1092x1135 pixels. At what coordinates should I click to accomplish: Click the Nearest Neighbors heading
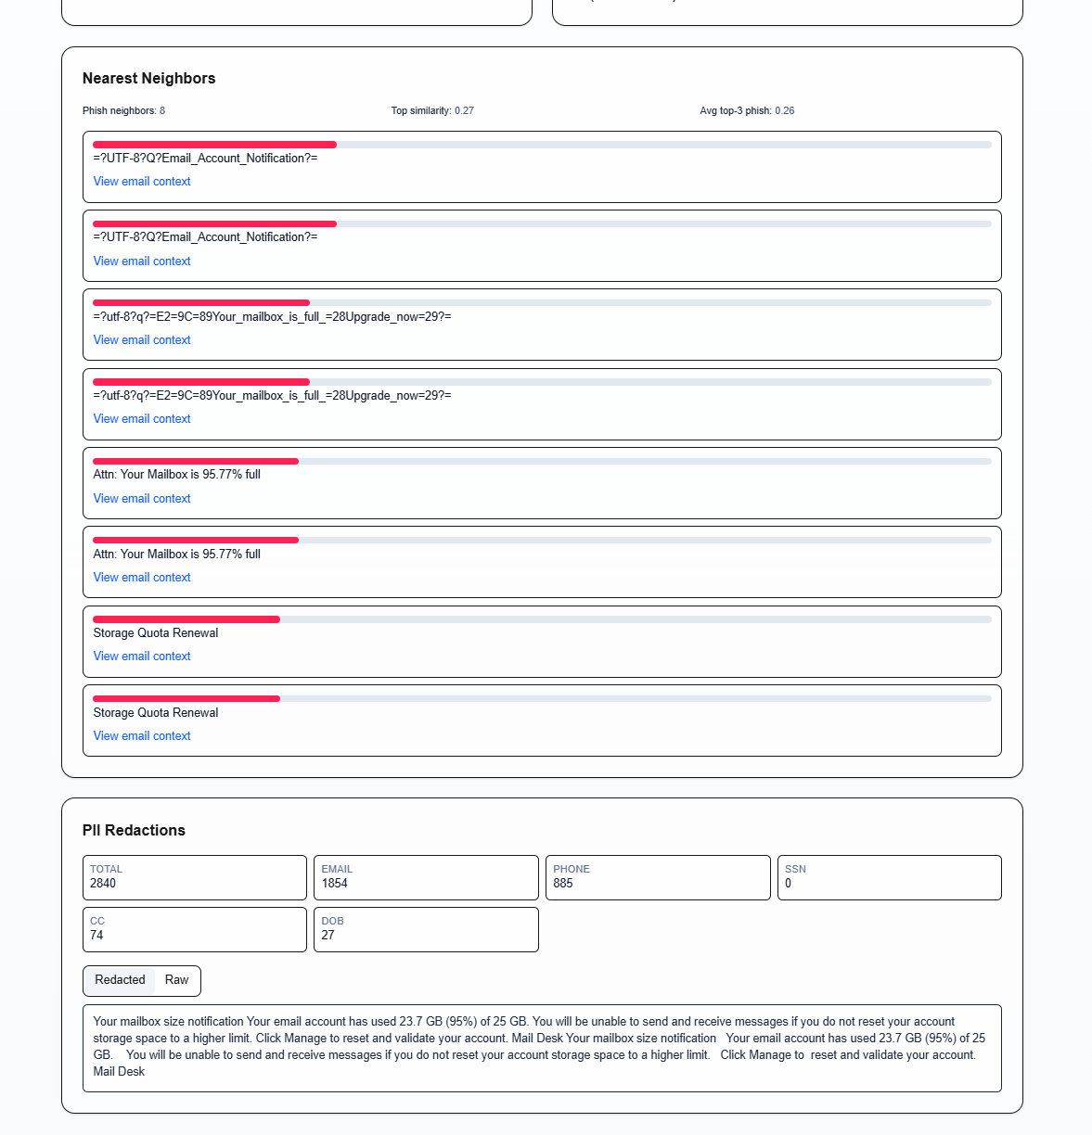click(x=148, y=79)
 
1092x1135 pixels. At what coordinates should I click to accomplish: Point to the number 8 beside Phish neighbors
click(x=162, y=110)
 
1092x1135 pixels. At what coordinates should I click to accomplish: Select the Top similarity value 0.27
click(x=464, y=110)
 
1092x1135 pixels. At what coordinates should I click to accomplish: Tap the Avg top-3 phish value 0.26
click(x=785, y=110)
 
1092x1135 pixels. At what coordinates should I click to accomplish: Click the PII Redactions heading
click(x=134, y=831)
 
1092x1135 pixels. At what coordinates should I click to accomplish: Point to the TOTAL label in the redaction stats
click(x=106, y=869)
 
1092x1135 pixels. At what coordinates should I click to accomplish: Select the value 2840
click(x=103, y=884)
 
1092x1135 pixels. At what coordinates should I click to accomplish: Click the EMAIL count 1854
click(x=335, y=884)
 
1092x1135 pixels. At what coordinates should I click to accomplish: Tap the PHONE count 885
click(x=563, y=884)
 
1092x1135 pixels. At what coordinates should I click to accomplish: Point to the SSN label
click(x=795, y=869)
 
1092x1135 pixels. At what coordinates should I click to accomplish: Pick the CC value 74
click(x=96, y=936)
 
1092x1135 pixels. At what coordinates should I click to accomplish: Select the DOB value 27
click(x=328, y=936)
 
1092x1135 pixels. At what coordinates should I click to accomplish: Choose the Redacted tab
click(x=120, y=980)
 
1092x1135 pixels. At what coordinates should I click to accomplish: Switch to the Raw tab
click(x=176, y=980)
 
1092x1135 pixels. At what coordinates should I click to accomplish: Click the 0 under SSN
click(x=789, y=884)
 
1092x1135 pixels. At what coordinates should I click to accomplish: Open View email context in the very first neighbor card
click(x=142, y=182)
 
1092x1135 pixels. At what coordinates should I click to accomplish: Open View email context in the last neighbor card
click(x=142, y=736)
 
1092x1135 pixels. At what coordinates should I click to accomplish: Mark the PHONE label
click(x=572, y=869)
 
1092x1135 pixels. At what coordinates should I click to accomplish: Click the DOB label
click(x=333, y=921)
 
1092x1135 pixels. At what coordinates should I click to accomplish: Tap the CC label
click(x=97, y=921)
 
